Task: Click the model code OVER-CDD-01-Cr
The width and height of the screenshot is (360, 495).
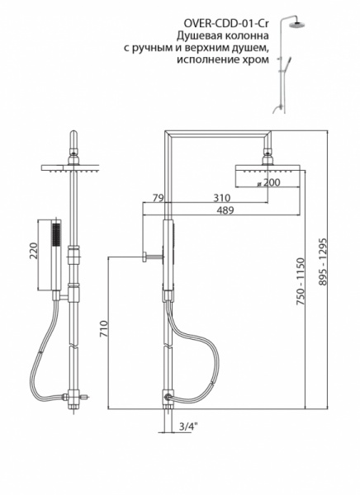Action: coord(226,24)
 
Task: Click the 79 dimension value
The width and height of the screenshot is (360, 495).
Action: coord(158,198)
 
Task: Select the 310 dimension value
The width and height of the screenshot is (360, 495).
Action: coord(221,198)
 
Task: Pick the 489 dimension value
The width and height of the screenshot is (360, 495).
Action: coord(225,210)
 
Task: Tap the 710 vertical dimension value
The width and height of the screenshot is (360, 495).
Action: coord(104,329)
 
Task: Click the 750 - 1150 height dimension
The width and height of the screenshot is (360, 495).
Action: coord(300,281)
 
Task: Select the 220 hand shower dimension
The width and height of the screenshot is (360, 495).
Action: coord(34,251)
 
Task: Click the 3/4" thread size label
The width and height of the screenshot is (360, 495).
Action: coord(187,427)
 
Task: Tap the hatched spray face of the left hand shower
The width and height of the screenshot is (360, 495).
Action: coord(56,234)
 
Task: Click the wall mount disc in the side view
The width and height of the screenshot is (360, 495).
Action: coord(144,257)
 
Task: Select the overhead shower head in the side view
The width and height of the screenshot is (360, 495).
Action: coord(267,175)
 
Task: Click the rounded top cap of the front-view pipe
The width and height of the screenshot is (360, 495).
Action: coord(73,136)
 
